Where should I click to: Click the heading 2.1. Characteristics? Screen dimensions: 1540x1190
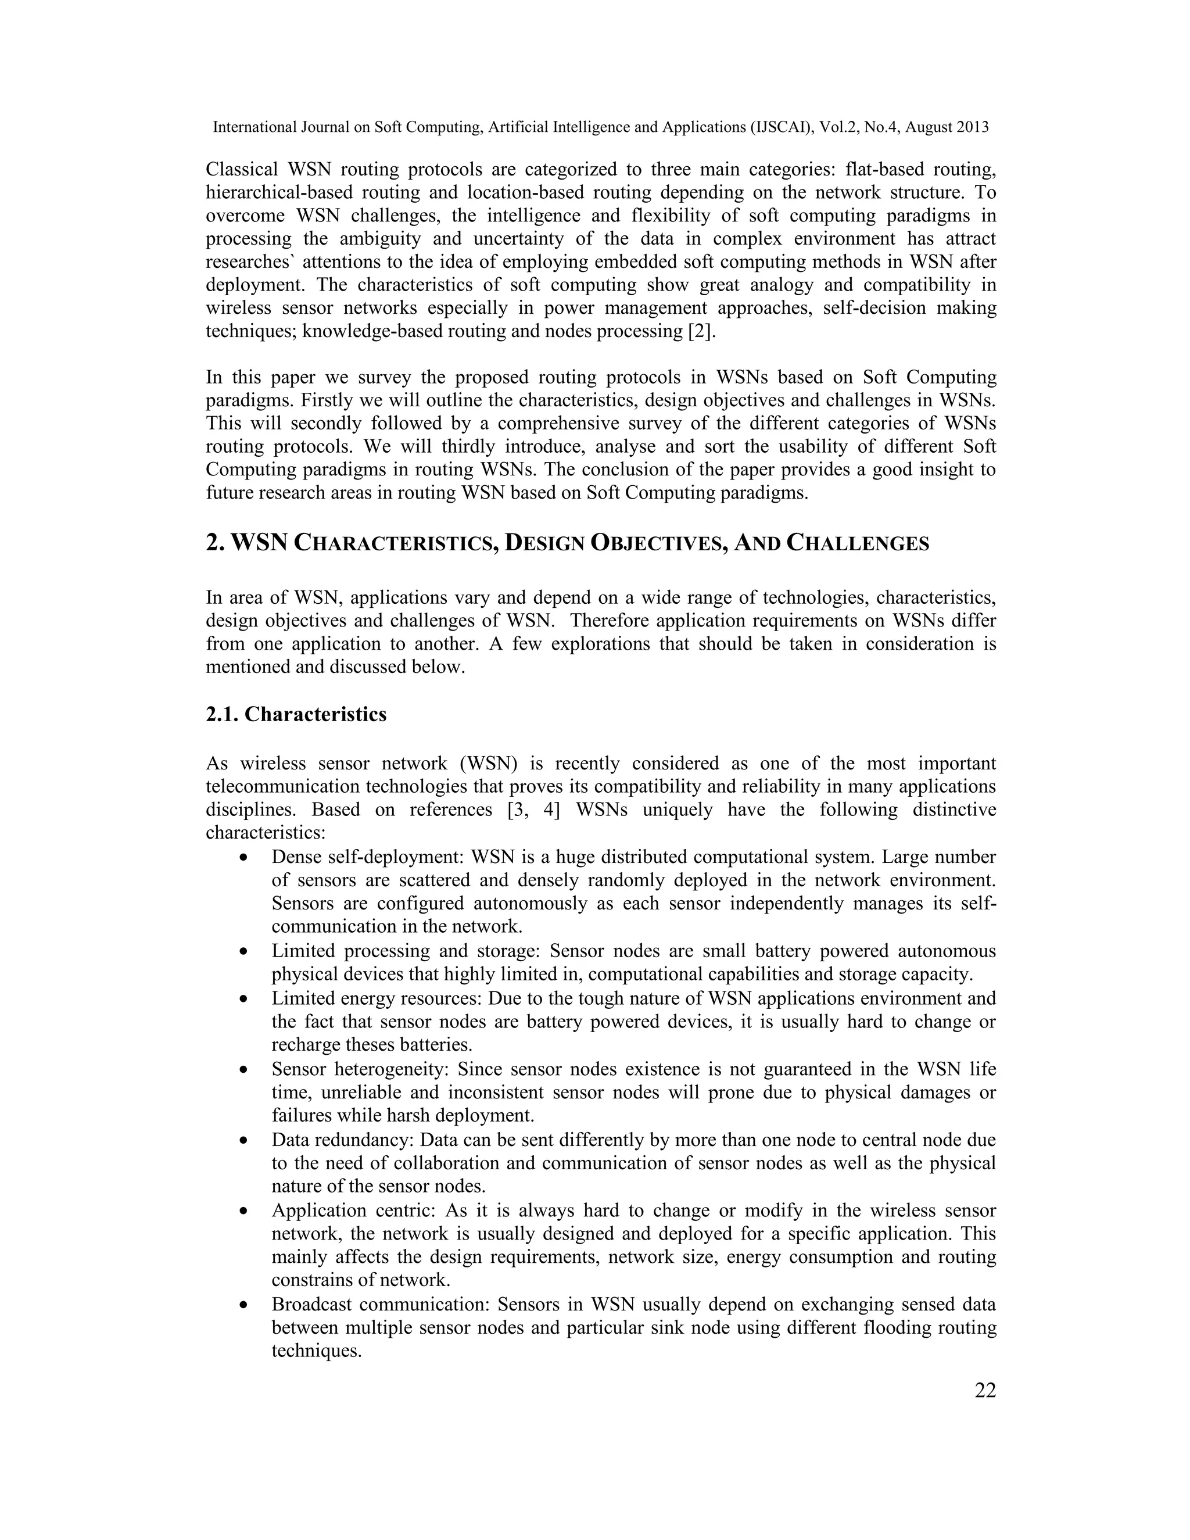(296, 714)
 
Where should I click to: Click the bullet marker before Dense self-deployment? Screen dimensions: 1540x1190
(243, 858)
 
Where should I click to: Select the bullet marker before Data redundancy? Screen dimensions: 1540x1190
(243, 1140)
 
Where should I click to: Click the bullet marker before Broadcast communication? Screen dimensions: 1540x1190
(243, 1305)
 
